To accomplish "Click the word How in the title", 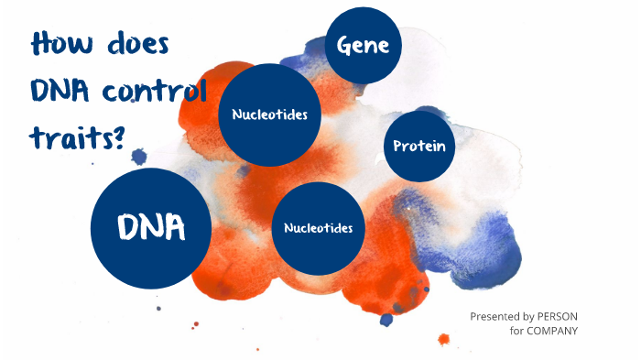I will tap(63, 45).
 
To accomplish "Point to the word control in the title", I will tap(155, 92).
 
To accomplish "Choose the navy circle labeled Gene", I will tap(364, 45).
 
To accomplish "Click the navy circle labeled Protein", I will tap(418, 147).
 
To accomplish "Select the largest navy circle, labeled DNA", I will tap(151, 227).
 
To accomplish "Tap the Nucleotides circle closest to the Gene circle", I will tap(269, 115).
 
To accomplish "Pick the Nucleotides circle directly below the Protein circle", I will tap(319, 227).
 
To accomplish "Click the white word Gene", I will tap(364, 45).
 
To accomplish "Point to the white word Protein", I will tap(418, 147).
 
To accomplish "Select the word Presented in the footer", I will tap(497, 316).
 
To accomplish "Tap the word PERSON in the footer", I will tap(559, 316).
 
